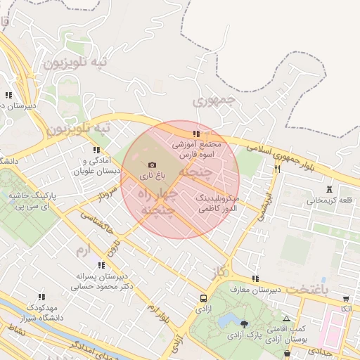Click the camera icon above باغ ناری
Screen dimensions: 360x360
[152, 164]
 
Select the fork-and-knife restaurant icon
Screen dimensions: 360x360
[278, 169]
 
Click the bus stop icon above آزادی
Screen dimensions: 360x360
[203, 297]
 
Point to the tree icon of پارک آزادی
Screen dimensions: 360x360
[244, 324]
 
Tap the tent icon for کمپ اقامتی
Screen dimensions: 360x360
[286, 319]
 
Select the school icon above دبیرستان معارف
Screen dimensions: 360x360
[255, 278]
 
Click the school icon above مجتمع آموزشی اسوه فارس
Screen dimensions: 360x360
[196, 134]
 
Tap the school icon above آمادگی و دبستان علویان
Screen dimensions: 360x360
[96, 150]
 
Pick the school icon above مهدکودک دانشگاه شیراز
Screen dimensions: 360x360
[41, 297]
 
